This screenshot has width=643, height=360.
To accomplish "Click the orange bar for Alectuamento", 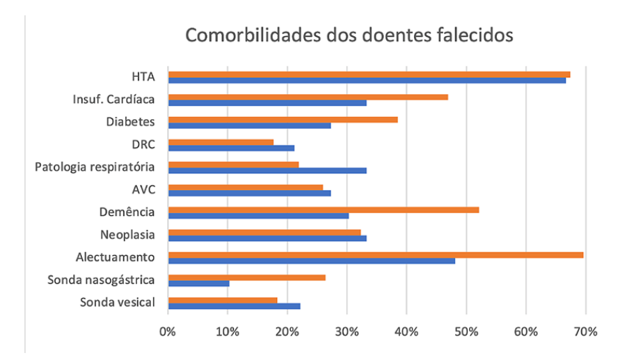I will (376, 255).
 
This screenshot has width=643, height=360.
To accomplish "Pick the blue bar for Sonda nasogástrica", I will (199, 283).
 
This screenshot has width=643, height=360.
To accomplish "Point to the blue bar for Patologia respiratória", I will (267, 170).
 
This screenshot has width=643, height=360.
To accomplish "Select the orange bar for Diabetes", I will (283, 119).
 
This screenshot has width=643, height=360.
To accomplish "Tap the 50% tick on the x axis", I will (466, 331).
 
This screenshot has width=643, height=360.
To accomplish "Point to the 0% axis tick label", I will (168, 331).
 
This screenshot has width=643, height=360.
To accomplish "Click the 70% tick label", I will (585, 331).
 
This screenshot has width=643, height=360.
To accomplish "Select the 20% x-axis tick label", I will (287, 331).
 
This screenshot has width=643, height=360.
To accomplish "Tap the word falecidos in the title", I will (468, 34).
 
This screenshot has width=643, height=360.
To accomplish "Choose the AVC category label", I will (143, 189).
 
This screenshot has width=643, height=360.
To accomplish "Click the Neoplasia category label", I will (127, 235).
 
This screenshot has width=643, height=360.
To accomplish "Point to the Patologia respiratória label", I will (95, 167).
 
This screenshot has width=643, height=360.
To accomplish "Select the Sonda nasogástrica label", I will (101, 280).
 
